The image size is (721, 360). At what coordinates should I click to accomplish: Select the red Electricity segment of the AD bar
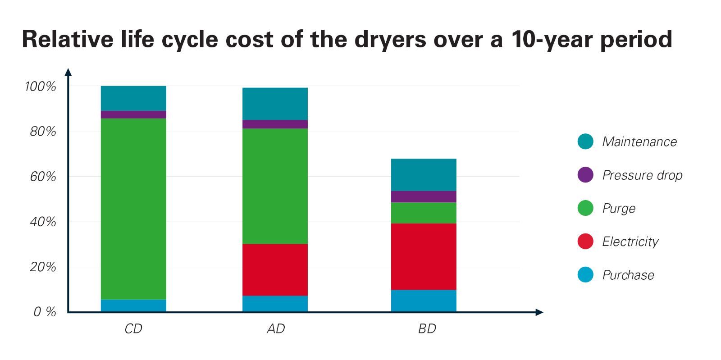275,269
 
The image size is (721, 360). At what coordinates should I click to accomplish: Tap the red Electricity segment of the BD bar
424,256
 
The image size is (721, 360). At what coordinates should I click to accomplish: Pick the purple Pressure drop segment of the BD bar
424,196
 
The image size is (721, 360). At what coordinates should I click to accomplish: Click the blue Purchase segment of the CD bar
133,305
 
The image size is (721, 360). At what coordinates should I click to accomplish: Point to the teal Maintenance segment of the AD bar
275,104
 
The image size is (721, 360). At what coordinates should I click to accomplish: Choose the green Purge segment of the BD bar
424,213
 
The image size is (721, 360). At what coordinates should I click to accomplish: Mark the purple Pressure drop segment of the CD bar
133,114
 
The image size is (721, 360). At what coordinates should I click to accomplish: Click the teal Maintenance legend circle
585,141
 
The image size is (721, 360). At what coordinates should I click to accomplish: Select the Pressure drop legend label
642,175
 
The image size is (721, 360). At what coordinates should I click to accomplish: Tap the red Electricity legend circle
585,241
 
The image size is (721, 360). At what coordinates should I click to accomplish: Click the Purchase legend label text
628,275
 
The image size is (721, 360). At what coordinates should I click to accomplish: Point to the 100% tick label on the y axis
41,87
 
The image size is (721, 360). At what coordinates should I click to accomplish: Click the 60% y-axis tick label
43,177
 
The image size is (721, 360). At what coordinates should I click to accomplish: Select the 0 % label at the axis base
45,312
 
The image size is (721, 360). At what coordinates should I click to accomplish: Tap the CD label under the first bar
133,329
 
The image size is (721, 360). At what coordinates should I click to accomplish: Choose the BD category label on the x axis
427,329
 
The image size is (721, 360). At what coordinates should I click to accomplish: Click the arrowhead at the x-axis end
539,312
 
